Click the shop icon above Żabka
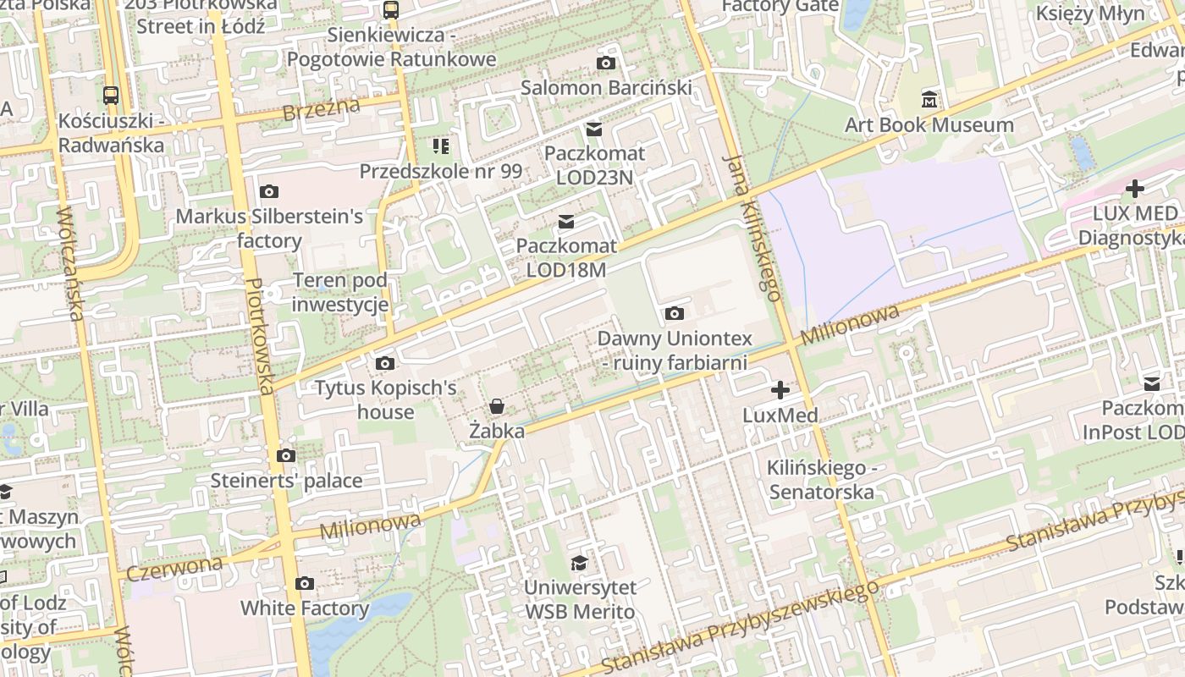(x=497, y=407)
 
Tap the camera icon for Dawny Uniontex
(x=674, y=314)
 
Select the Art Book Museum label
(x=929, y=125)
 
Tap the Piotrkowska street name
(x=261, y=336)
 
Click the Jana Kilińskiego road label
(x=752, y=228)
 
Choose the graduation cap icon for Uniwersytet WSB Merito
(x=579, y=564)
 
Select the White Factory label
(x=305, y=608)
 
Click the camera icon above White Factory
(x=305, y=584)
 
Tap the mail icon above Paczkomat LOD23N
(x=594, y=129)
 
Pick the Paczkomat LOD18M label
(x=566, y=258)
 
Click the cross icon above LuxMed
(x=780, y=390)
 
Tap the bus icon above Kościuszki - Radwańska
(x=111, y=96)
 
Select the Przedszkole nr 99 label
(x=440, y=172)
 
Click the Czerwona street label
(x=174, y=567)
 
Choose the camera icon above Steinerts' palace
(x=286, y=456)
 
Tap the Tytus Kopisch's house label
(x=385, y=400)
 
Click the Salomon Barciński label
(x=606, y=88)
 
